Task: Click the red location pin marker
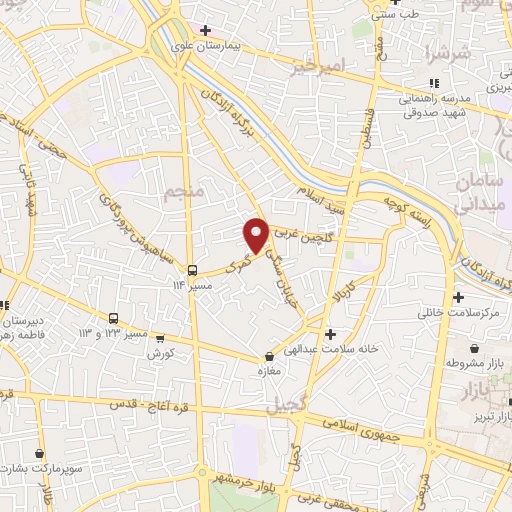257,234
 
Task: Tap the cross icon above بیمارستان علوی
205,30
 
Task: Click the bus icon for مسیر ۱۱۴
191,269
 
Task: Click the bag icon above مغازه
267,357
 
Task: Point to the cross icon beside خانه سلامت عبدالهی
330,333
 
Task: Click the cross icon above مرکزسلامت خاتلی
459,299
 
